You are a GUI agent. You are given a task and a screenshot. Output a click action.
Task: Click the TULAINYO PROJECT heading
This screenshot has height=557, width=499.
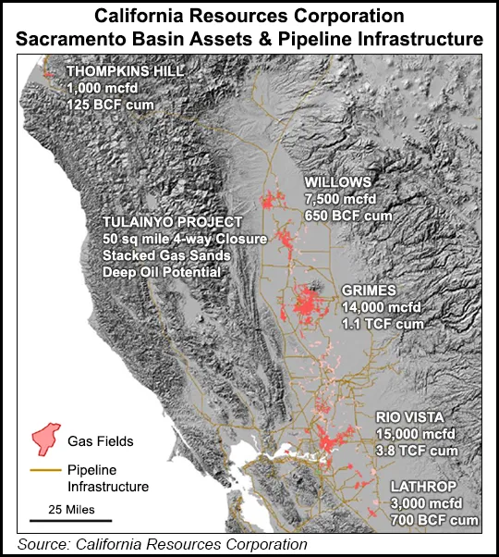coord(173,223)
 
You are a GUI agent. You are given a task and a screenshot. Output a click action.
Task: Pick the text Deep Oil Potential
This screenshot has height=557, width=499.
coord(162,273)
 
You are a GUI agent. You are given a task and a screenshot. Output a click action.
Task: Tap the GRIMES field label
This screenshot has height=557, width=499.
coord(368,291)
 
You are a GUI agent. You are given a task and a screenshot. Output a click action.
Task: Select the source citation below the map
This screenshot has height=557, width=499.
coord(162,544)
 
